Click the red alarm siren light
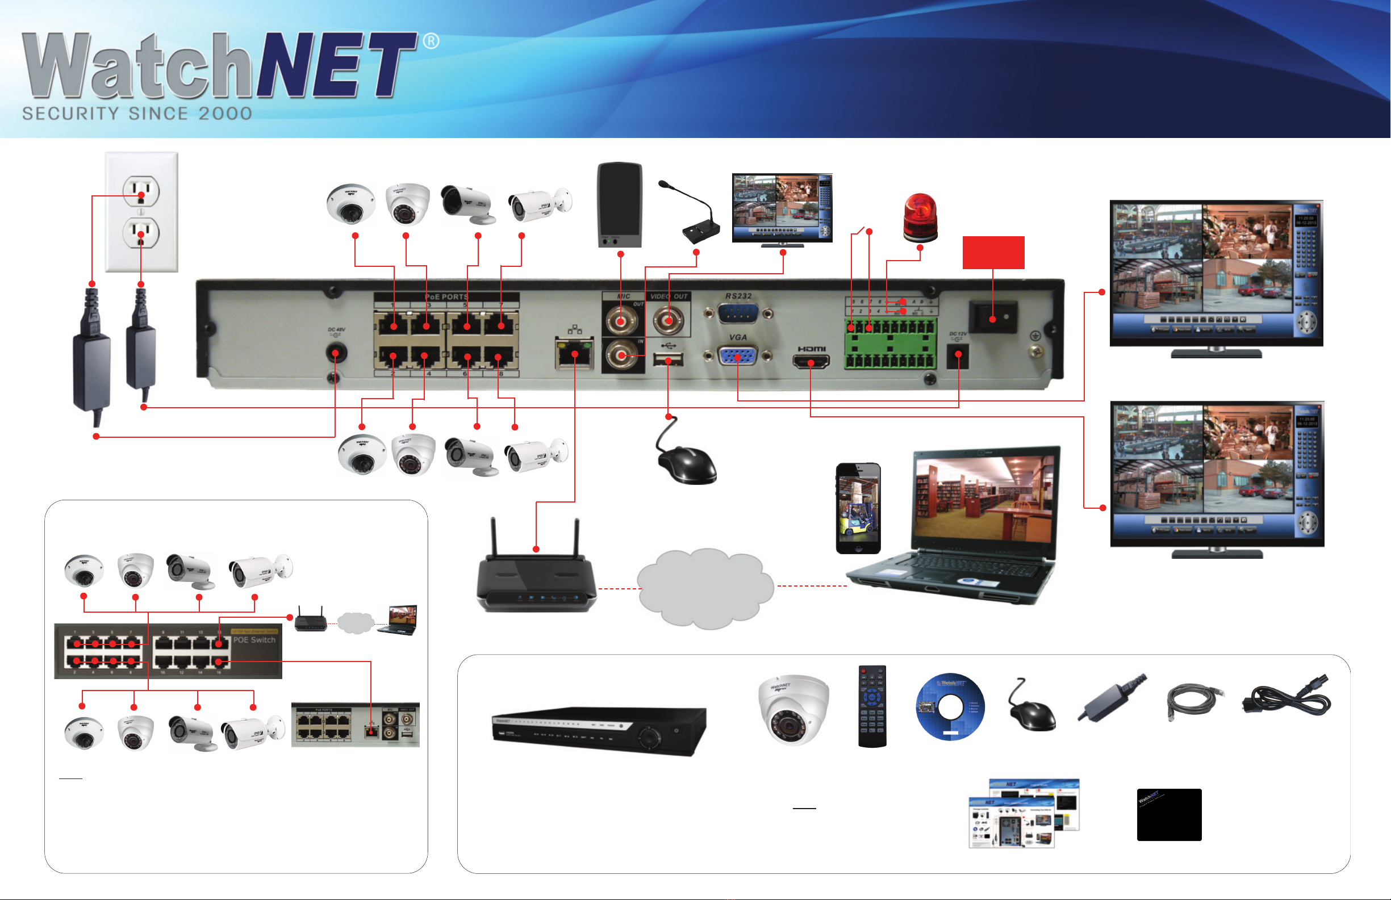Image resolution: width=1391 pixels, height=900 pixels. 920,217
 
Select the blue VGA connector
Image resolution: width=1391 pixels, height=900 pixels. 738,356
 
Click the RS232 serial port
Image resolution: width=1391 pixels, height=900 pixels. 738,313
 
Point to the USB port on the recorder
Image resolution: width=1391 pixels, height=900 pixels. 668,359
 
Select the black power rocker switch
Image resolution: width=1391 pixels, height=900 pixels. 993,317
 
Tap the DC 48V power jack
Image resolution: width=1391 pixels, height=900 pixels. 336,353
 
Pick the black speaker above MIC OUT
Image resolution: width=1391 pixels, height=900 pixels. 620,204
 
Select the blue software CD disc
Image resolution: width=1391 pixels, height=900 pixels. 950,706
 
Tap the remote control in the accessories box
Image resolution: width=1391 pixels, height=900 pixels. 872,706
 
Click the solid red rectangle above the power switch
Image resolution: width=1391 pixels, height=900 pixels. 993,253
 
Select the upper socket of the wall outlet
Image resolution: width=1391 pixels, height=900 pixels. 141,191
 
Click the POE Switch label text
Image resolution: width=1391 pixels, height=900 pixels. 254,640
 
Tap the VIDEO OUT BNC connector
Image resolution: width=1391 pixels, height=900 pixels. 669,320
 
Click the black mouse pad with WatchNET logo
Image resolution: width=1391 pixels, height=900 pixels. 1169,815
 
